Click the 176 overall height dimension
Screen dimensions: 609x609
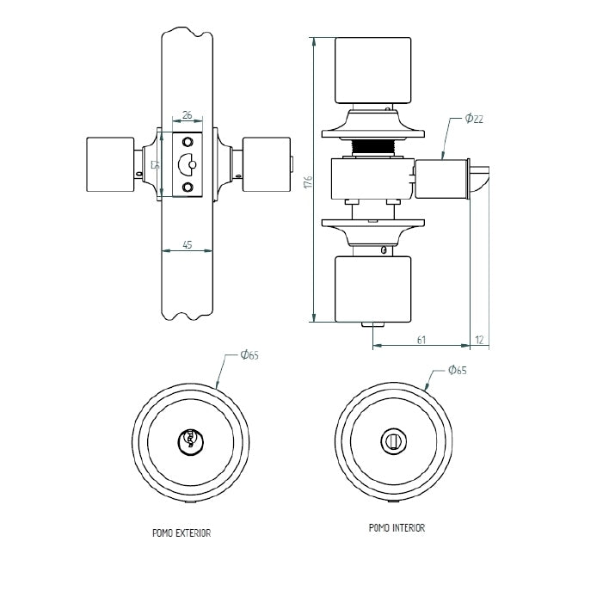click(x=307, y=181)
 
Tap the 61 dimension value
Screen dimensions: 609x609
click(x=421, y=341)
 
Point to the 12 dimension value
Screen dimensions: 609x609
click(x=479, y=341)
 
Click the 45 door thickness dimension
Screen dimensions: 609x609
click(x=188, y=244)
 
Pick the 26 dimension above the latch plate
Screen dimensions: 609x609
click(x=188, y=114)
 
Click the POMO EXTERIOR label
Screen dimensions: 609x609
click(x=181, y=533)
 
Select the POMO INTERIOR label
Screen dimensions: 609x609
click(x=397, y=528)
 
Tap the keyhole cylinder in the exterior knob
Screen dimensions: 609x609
click(x=188, y=441)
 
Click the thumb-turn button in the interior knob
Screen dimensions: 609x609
click(x=392, y=440)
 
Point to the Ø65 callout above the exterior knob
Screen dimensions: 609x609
click(x=249, y=354)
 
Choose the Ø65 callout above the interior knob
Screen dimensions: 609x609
click(x=457, y=370)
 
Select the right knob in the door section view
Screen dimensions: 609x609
click(x=267, y=164)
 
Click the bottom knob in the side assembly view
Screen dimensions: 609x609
click(x=372, y=289)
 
